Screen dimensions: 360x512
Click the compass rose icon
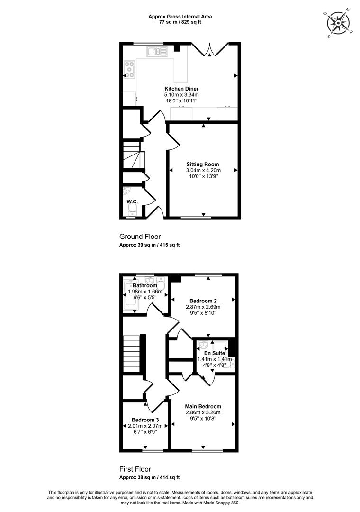tap(339, 23)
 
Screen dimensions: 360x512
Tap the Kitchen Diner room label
tap(181, 89)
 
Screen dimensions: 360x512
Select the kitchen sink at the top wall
tap(157, 52)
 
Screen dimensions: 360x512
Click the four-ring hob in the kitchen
tap(130, 70)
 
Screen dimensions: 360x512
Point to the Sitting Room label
tap(203, 164)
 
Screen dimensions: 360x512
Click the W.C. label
tap(132, 202)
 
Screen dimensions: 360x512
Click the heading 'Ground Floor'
tap(140, 237)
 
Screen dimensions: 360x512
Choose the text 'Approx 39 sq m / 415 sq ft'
tap(150, 245)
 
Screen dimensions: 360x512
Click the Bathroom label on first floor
tap(145, 285)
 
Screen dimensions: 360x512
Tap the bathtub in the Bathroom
tap(131, 296)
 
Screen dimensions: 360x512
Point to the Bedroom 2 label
tap(203, 301)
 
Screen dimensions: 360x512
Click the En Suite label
tap(215, 353)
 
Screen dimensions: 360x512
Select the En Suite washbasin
tap(203, 345)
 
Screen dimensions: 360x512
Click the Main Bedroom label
tap(203, 407)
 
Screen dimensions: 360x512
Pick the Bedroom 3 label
tap(145, 420)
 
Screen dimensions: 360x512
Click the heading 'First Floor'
tap(135, 469)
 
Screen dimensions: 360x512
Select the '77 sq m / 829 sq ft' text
tap(180, 22)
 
